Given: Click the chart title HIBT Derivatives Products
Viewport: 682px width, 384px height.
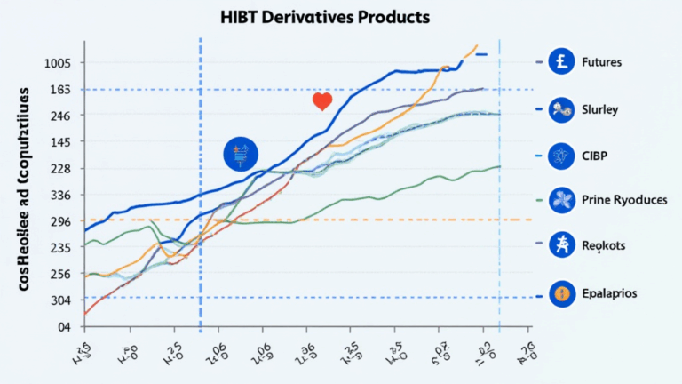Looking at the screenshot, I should [341, 17].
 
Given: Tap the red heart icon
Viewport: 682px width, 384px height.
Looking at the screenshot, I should [321, 102].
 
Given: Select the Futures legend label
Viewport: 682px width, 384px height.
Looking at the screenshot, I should [600, 63].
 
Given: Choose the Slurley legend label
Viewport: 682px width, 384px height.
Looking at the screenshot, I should [599, 109].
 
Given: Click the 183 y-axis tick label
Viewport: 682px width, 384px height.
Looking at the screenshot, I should [60, 90].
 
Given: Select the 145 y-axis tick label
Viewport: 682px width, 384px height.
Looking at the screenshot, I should [60, 142].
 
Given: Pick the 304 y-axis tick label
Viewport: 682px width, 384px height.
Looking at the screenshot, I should [60, 300].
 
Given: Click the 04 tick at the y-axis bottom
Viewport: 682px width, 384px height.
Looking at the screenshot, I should [63, 327].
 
